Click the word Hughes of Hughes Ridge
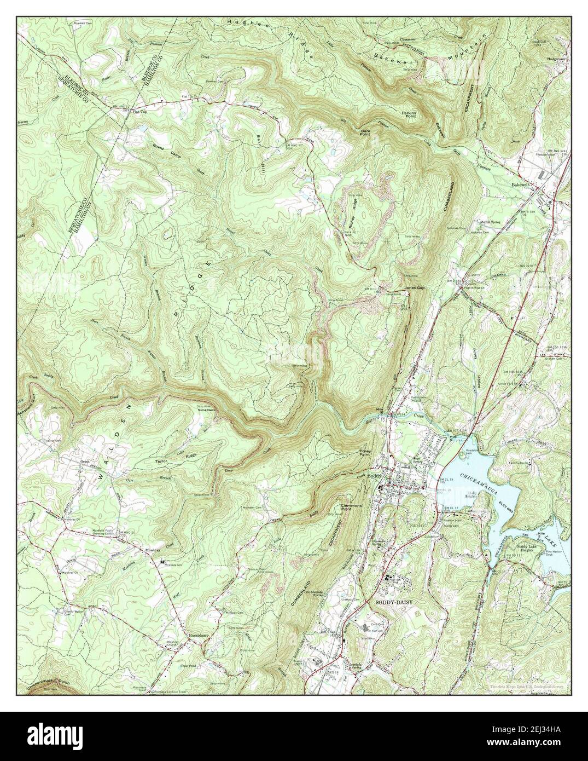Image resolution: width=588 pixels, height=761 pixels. point(240,25)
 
